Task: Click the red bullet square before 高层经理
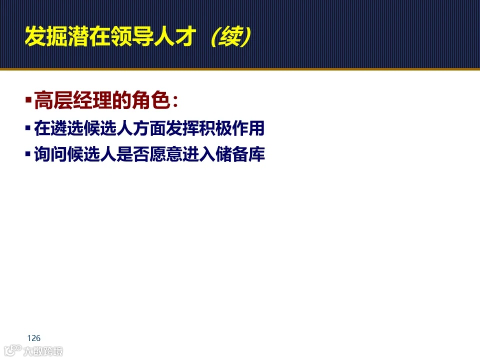[28, 101]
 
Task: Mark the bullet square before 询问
[28, 154]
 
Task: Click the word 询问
[44, 155]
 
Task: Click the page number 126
[34, 338]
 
